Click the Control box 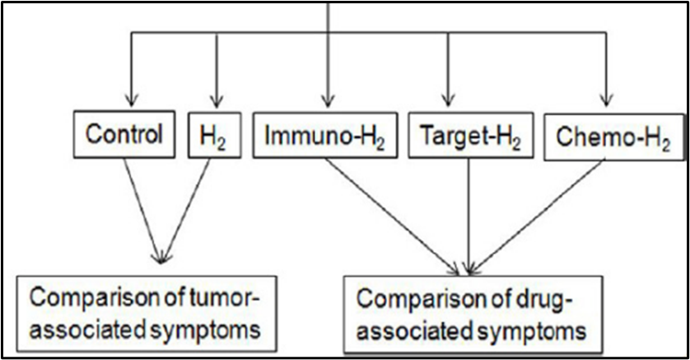point(124,134)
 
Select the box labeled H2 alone point(214,134)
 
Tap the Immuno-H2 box point(325,134)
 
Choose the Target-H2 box point(471,134)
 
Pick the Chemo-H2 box point(614,137)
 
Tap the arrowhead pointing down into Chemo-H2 point(607,101)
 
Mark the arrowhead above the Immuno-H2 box point(327,101)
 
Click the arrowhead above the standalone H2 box point(216,101)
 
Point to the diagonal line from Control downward point(142,210)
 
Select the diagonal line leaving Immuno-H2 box point(392,216)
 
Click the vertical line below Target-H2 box point(469,216)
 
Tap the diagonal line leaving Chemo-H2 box point(538,216)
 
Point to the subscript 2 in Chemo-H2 point(665,145)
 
